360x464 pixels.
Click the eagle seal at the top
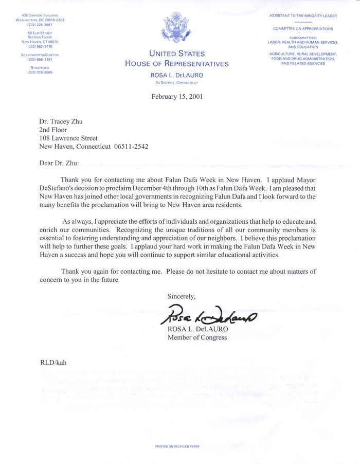tap(177, 29)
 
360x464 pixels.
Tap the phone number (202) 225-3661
tap(40, 24)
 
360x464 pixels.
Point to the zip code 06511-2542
tap(131, 146)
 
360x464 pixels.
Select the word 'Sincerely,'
tap(182, 296)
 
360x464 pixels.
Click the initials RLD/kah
tap(53, 362)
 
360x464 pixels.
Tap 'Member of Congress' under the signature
tap(197, 337)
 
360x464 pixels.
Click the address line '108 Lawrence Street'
tap(68, 138)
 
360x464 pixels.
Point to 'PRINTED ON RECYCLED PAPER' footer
tap(177, 447)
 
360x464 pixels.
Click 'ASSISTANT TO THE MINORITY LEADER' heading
tap(303, 16)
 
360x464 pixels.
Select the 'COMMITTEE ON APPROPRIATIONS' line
tap(303, 29)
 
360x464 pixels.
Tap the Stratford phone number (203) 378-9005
tap(40, 73)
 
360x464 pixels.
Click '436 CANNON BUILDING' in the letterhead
tap(39, 15)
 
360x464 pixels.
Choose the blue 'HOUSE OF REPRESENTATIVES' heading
tap(177, 64)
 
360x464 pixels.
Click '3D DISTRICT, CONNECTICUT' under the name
tap(177, 82)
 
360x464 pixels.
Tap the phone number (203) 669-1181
tap(40, 59)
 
